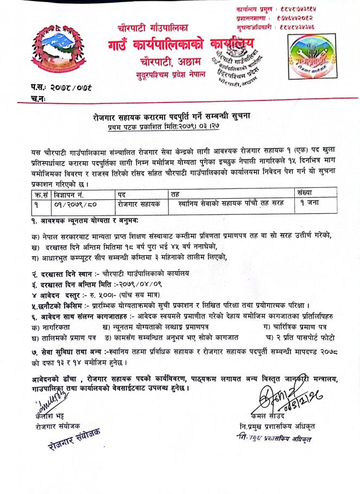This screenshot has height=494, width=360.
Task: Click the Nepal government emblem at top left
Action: click(x=53, y=50)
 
